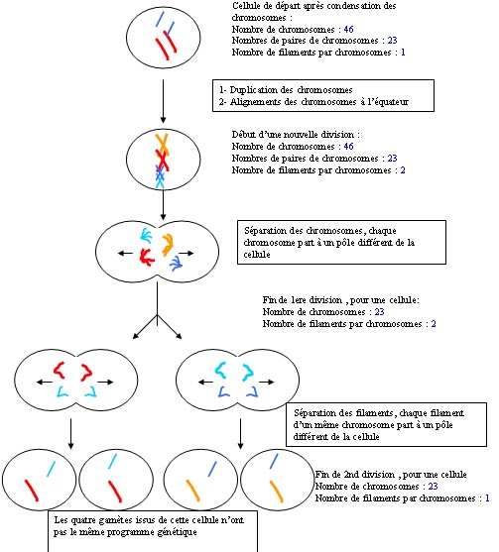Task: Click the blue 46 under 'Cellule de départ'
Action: [x=348, y=29]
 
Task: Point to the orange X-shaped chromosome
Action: [x=162, y=145]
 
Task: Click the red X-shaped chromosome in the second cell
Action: [x=162, y=161]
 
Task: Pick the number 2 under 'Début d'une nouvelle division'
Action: [x=403, y=170]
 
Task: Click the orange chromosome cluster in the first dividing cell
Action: [x=167, y=244]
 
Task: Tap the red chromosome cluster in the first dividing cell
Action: [x=147, y=257]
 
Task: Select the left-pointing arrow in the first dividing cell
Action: [x=125, y=253]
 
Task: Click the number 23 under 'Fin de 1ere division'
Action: [x=379, y=311]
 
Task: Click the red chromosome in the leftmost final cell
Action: [x=31, y=490]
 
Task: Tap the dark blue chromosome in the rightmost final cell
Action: [x=274, y=461]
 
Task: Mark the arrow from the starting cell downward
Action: [x=163, y=101]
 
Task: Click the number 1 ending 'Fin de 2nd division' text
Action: [x=487, y=497]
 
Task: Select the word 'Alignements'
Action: [x=253, y=102]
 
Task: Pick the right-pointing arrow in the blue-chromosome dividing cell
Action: [x=267, y=382]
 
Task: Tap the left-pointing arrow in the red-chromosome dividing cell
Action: [x=44, y=382]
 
